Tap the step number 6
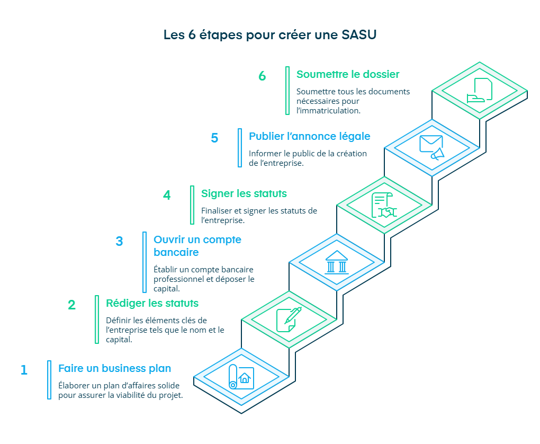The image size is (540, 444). (262, 76)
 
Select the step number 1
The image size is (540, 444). (24, 370)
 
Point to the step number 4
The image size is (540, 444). (167, 196)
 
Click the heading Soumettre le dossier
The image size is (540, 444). (348, 74)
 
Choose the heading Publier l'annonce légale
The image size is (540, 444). (309, 136)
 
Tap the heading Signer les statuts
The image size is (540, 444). (244, 193)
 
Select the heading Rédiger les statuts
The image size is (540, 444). (152, 303)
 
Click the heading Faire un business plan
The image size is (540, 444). (114, 368)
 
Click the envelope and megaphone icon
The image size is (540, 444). (431, 147)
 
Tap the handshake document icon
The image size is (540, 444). (384, 205)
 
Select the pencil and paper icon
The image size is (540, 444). (289, 319)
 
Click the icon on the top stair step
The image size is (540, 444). (480, 91)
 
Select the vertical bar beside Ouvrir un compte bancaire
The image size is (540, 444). (145, 262)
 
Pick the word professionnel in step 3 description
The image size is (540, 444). (178, 279)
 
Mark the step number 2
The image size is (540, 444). (71, 305)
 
